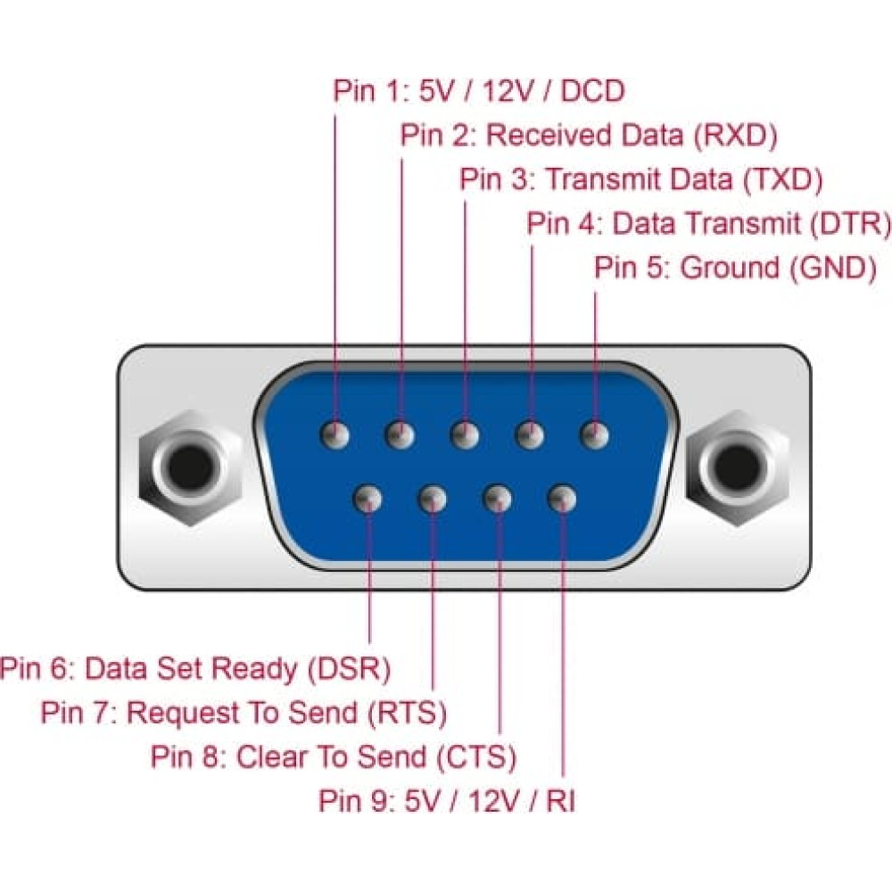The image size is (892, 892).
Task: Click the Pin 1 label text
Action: (479, 91)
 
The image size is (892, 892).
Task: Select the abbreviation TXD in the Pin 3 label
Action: (783, 180)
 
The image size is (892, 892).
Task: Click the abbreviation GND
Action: (833, 268)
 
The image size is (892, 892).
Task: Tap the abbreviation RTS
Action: (407, 713)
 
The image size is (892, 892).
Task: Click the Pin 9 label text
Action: (447, 801)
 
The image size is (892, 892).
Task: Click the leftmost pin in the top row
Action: (335, 435)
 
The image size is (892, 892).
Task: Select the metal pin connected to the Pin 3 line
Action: (465, 435)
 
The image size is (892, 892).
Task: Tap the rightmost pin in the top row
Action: (594, 435)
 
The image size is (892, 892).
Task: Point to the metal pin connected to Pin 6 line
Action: (368, 500)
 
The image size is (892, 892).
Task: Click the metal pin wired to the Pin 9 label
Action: (562, 500)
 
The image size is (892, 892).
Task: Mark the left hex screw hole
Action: (190, 467)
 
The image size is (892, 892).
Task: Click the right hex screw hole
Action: (738, 467)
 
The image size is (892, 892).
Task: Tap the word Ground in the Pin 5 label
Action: (730, 268)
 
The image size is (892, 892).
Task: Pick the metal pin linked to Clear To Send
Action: (497, 500)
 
